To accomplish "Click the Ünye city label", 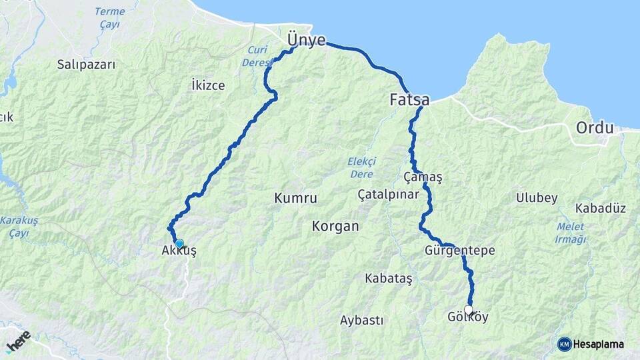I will (307, 40).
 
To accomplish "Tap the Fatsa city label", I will (409, 101).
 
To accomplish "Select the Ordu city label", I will (594, 127).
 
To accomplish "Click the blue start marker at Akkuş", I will (179, 243).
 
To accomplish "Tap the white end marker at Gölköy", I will (469, 310).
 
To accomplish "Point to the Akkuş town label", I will (179, 251).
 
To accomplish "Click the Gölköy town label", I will (468, 317).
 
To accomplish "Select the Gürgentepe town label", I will (459, 251).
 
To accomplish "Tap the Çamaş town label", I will (423, 177).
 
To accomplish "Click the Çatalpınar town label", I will (388, 195).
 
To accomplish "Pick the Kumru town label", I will (295, 199).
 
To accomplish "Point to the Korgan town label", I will (335, 227).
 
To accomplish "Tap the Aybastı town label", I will (361, 321).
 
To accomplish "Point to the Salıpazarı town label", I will (87, 65).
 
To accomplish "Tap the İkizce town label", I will (208, 85).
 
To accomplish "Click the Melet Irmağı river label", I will (570, 233).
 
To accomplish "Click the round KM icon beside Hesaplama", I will (564, 344).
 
